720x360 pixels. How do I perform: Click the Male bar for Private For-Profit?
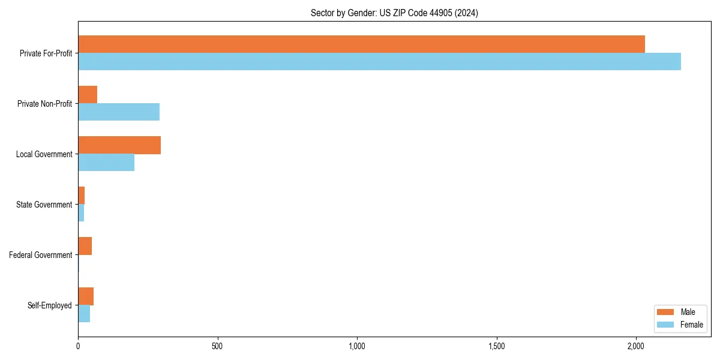point(361,44)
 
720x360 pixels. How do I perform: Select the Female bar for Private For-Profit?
point(379,62)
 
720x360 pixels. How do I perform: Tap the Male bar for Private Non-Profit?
point(88,95)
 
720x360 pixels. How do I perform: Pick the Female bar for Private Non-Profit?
point(119,112)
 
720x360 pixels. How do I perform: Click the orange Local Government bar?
point(119,145)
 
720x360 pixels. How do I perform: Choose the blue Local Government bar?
point(106,163)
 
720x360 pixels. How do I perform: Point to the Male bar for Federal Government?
point(85,246)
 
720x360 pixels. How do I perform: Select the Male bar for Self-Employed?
point(86,296)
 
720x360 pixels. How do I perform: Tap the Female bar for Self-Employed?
point(84,314)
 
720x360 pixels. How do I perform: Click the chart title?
point(394,13)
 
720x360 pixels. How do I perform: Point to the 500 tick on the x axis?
point(217,346)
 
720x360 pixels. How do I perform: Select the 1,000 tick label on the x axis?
point(357,346)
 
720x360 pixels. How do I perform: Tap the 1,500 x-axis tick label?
point(496,346)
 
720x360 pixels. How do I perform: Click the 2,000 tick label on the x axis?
point(636,346)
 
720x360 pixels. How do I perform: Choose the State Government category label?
point(44,205)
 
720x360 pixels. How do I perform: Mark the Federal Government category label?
point(40,255)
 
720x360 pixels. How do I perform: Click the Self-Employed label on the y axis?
point(49,305)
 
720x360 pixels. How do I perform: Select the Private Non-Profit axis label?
point(44,104)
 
